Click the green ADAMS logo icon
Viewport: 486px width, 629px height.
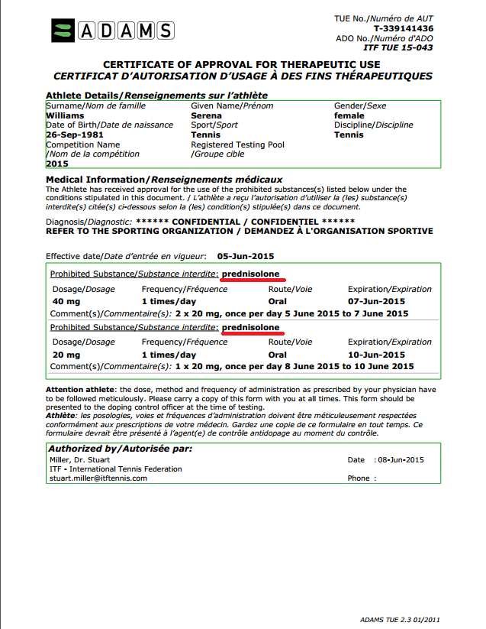pos(63,31)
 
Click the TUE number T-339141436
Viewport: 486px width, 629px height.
pos(404,28)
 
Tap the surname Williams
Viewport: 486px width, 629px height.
pos(65,115)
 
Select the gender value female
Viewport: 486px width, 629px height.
pos(349,115)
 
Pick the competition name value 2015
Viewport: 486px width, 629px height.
pos(57,163)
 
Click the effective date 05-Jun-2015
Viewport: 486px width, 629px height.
pos(246,256)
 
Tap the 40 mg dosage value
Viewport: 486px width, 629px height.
pos(66,301)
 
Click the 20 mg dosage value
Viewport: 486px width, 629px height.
pos(66,355)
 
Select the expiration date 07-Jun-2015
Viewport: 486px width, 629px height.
pos(376,301)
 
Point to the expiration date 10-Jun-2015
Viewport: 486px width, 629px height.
pos(376,355)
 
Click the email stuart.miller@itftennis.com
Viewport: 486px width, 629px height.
pos(98,478)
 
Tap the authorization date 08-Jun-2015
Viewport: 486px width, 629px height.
pos(399,460)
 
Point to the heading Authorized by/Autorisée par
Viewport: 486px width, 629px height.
pos(120,448)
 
